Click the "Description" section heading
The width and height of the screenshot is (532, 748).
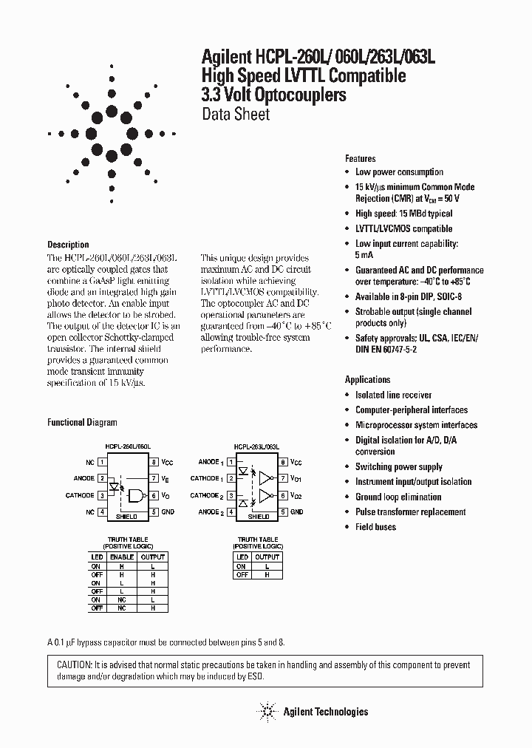click(68, 245)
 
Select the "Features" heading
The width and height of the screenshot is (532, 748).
click(361, 159)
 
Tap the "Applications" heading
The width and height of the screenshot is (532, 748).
click(367, 380)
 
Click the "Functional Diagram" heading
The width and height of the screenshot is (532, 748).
click(82, 423)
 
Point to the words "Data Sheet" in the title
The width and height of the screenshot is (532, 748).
click(236, 115)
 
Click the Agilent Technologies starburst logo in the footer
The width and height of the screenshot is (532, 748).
click(267, 712)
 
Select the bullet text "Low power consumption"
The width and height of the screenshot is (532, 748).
click(399, 172)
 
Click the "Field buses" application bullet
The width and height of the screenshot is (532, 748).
click(375, 527)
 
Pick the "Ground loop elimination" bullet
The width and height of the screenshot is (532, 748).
click(398, 497)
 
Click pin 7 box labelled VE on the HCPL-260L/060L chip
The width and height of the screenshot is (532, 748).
click(154, 478)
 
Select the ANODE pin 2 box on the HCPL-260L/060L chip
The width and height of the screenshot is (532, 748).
click(101, 478)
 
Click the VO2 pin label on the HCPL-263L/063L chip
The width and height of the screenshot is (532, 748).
click(296, 495)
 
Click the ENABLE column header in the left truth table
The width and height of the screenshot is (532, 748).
click(122, 557)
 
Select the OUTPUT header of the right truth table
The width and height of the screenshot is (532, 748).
click(267, 557)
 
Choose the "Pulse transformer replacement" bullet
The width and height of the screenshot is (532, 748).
click(410, 512)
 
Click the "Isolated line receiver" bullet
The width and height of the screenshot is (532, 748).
click(393, 395)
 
